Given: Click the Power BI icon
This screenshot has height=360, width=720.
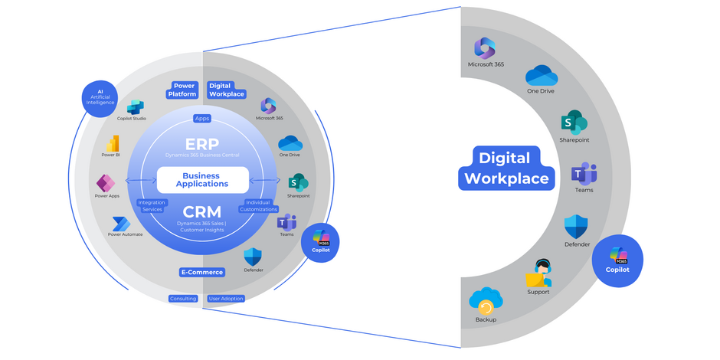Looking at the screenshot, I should tap(113, 143).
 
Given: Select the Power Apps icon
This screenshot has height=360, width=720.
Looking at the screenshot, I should tap(106, 183).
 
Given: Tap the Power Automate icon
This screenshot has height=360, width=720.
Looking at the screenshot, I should tap(121, 223).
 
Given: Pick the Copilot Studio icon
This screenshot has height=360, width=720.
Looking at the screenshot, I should tap(136, 107).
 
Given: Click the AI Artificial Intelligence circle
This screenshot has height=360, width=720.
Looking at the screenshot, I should tap(100, 98).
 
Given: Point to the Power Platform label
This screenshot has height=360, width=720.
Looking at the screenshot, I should tap(183, 90).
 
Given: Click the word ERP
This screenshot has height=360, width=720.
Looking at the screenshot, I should tap(202, 144).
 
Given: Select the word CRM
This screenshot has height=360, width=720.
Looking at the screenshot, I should tap(202, 211).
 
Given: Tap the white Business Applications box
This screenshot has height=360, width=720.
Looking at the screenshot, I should tap(202, 179).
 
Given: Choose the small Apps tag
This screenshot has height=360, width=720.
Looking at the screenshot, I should tap(202, 119).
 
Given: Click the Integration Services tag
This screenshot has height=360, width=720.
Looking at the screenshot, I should tap(152, 206).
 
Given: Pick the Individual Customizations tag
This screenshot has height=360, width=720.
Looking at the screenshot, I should tap(258, 206).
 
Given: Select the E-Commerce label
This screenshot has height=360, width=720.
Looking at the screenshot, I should tap(202, 272).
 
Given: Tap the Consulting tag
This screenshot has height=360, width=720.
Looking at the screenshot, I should tap(183, 299).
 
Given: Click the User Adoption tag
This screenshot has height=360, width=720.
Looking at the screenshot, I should tap(226, 299).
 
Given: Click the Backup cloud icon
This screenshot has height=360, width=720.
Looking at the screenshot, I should tap(486, 301).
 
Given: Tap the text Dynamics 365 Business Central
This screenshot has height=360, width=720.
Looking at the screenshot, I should tap(202, 155).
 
